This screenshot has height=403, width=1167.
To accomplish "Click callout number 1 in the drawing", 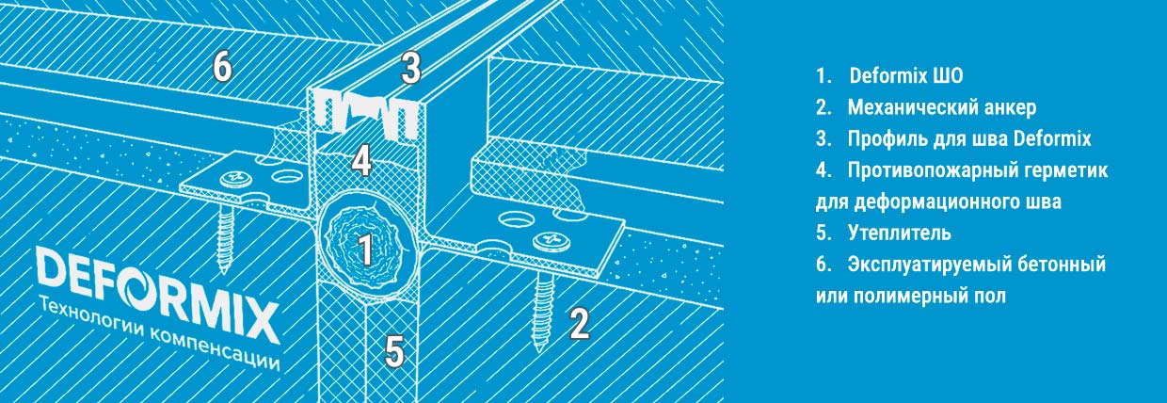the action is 366,250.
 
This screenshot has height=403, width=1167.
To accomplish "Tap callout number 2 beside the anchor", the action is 580,324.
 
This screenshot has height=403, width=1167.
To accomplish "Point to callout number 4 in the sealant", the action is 361,161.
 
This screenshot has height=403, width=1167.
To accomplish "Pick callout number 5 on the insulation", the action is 394,350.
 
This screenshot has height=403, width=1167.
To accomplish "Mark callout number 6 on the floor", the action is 222,67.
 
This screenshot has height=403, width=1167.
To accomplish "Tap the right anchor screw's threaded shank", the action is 542,312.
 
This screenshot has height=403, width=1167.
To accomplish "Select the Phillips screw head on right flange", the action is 551,241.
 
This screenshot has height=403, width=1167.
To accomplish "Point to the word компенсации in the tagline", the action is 214,349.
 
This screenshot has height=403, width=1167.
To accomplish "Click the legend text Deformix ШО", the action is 906,75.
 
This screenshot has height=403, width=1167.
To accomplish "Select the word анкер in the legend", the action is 1010,107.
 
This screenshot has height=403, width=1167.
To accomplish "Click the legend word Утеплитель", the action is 900,233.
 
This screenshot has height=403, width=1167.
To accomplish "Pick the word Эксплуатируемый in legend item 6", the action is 928,265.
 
